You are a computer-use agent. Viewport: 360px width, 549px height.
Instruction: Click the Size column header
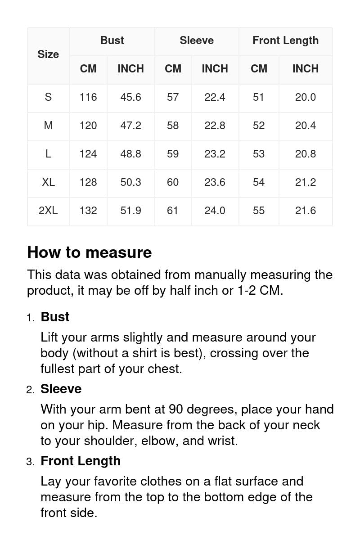click(x=48, y=54)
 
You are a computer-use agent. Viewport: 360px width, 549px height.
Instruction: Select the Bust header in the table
click(x=112, y=40)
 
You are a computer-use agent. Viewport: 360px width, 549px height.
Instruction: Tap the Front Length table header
click(x=285, y=40)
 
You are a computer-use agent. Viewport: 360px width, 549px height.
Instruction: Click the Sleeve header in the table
click(x=197, y=40)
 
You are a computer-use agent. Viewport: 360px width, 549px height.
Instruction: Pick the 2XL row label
click(x=48, y=211)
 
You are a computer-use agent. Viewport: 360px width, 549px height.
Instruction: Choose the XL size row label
click(x=48, y=182)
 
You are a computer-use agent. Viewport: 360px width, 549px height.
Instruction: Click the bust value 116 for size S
click(x=88, y=97)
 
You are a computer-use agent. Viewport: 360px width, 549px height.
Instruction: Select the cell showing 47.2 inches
click(x=130, y=126)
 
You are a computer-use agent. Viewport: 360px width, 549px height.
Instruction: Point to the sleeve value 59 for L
click(x=173, y=154)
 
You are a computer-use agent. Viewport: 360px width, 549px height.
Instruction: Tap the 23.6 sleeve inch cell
click(x=215, y=182)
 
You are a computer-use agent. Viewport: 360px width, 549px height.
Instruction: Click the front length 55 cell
click(x=259, y=211)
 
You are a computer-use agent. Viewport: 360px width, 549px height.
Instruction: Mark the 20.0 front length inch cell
click(x=306, y=97)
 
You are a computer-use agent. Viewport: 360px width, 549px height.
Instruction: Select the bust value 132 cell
click(x=88, y=211)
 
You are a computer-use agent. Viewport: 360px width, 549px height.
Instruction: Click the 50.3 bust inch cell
click(x=130, y=182)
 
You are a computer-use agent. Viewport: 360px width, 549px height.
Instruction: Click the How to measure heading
click(x=90, y=252)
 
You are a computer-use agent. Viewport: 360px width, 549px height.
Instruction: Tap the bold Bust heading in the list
click(x=55, y=317)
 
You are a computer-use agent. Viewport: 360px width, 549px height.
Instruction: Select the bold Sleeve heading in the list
click(x=61, y=389)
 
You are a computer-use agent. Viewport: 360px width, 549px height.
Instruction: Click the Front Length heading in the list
click(x=81, y=461)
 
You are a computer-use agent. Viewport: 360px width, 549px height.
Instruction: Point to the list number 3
click(x=30, y=462)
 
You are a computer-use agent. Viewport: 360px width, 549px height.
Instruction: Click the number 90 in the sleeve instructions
click(x=176, y=409)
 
